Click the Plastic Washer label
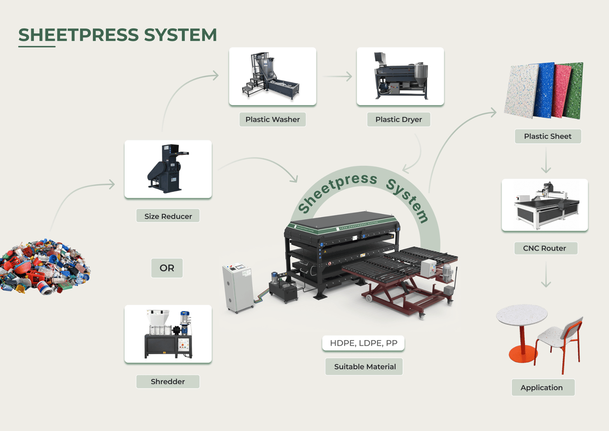273,119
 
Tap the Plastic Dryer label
399,119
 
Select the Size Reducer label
168,216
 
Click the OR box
167,268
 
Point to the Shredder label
168,381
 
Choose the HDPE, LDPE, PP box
363,343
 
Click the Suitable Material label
364,367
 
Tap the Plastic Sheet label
548,136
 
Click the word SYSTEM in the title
180,35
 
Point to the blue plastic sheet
544,90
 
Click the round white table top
521,315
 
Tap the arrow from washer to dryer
337,77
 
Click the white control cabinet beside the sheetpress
238,288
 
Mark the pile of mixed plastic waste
45,267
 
